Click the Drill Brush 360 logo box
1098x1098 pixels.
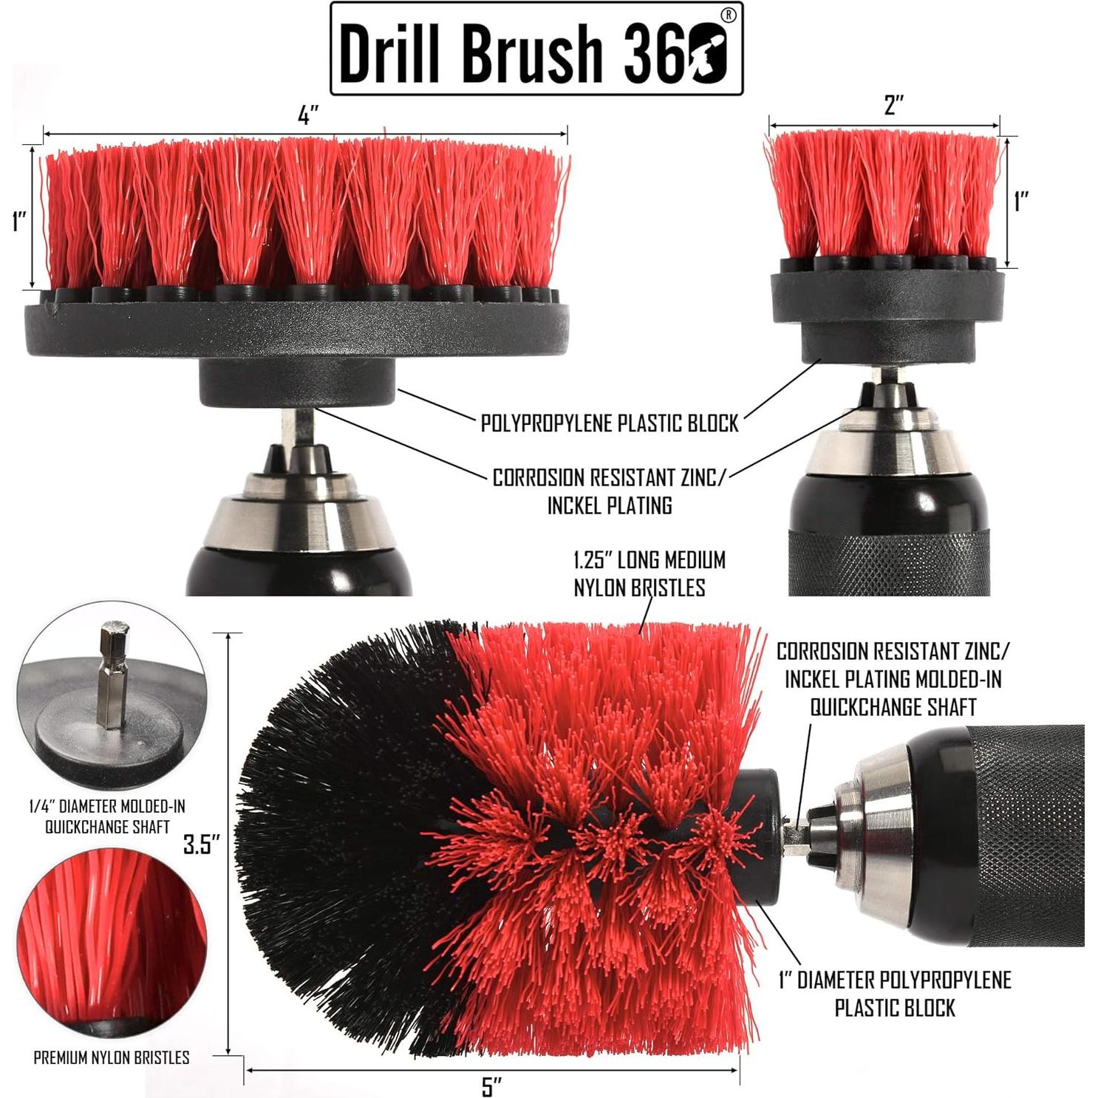point(536,49)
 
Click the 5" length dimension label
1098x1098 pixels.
point(491,1086)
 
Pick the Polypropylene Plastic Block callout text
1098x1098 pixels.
point(610,423)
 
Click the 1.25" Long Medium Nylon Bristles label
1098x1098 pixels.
point(649,573)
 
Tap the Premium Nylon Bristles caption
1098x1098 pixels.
point(112,1057)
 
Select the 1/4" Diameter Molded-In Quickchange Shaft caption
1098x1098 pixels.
point(107,816)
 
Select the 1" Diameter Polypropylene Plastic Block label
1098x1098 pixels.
point(895,994)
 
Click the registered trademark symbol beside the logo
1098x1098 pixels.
point(728,16)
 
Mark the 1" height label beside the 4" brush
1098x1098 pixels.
point(19,220)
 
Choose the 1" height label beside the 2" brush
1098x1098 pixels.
point(1021,201)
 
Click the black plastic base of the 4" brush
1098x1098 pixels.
point(296,325)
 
